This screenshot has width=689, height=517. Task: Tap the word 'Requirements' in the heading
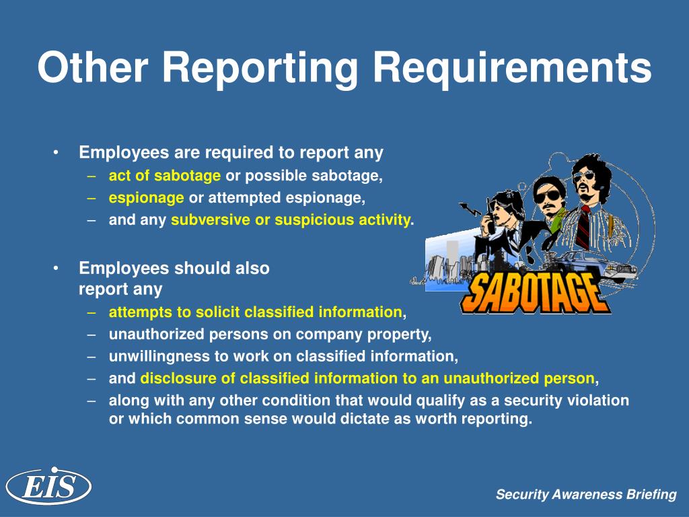(512, 68)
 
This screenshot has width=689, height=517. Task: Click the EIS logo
(48, 486)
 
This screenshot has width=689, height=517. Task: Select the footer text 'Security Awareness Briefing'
(586, 495)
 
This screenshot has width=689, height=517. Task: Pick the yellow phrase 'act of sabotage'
(165, 176)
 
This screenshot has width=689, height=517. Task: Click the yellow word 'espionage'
(146, 198)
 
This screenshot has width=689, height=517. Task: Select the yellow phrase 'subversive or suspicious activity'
(291, 219)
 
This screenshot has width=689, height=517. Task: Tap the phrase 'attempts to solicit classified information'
(255, 312)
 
